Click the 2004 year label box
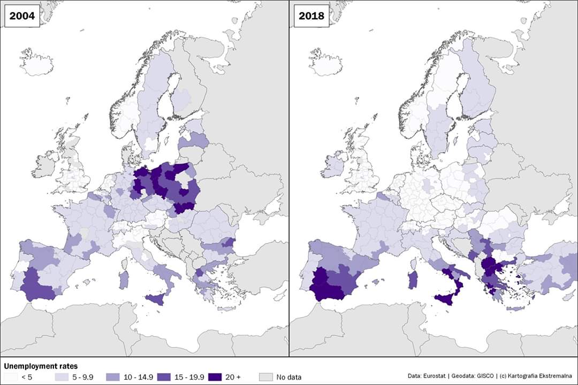point(21,16)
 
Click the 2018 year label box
point(311,16)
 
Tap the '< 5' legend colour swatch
point(11,377)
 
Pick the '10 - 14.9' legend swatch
point(113,377)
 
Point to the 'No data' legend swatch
point(265,377)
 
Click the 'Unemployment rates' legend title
point(41,366)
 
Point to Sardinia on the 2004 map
point(123,280)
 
